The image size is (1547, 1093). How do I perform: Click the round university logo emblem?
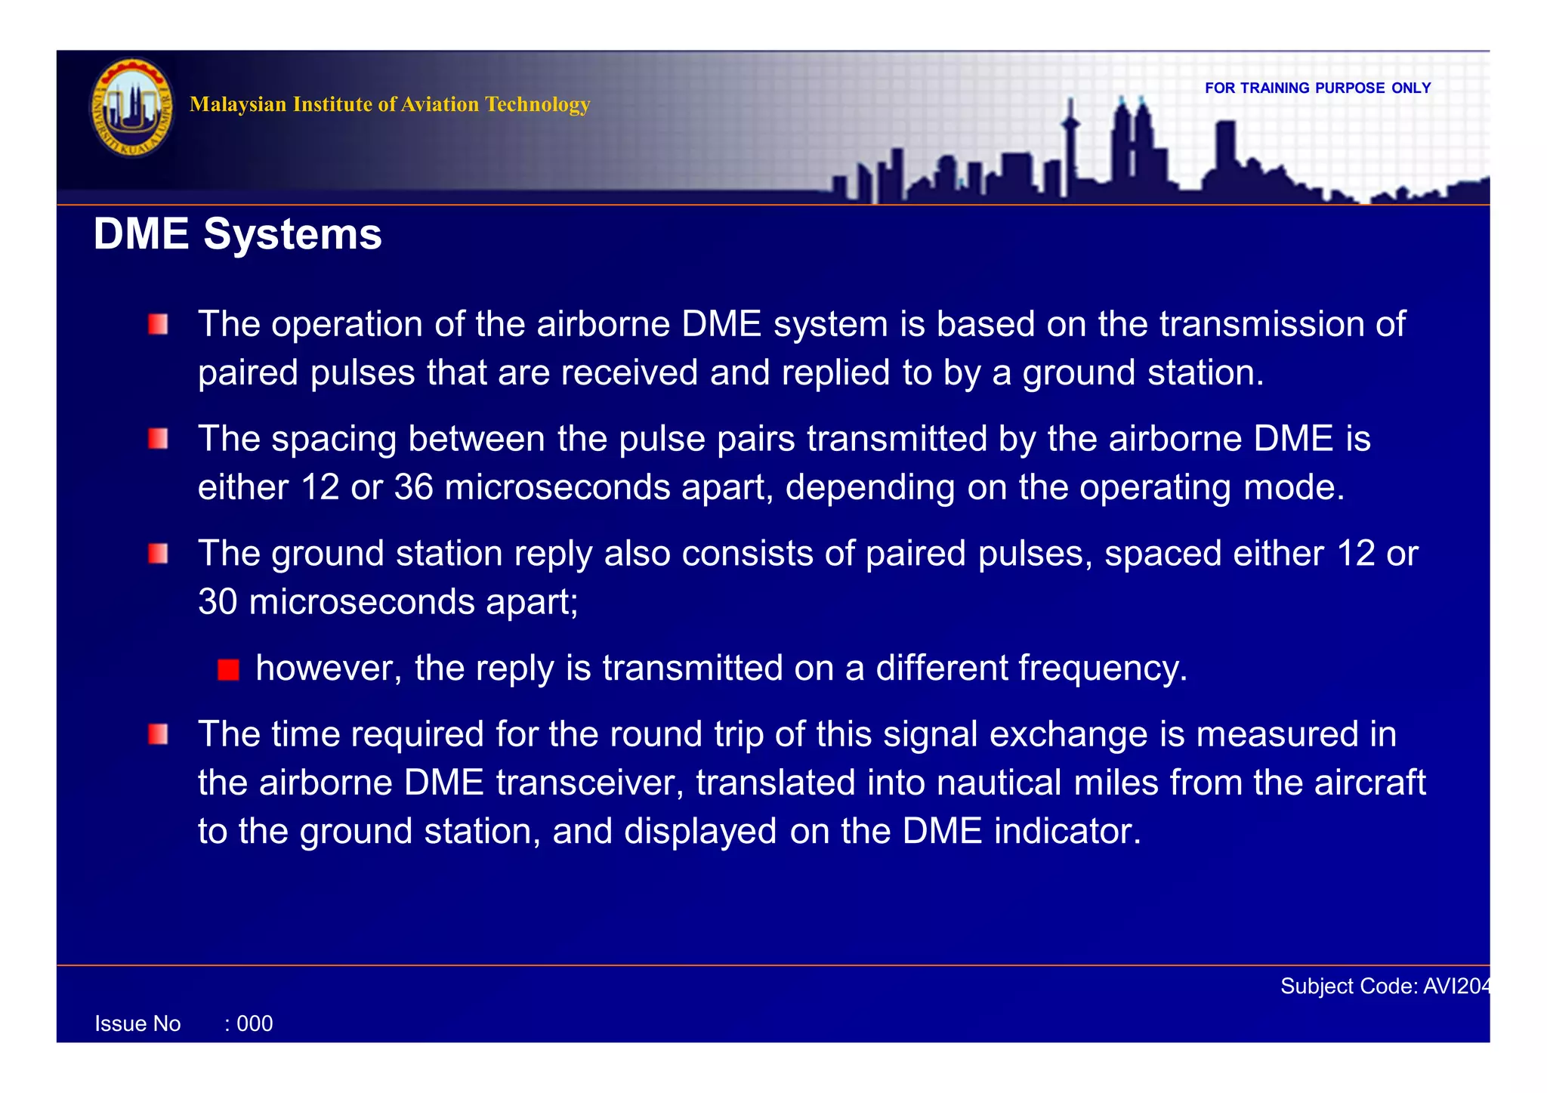[x=131, y=107]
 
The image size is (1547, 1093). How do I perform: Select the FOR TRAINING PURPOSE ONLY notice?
[x=1317, y=88]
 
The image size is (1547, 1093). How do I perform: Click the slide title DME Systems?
[x=237, y=234]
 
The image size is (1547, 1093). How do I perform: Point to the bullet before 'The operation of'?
[x=158, y=325]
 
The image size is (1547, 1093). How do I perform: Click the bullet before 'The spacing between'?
[x=158, y=439]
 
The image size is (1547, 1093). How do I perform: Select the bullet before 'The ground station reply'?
[x=158, y=554]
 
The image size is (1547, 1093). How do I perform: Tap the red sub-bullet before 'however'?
[x=228, y=669]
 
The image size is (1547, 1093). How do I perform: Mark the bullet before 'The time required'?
[x=158, y=734]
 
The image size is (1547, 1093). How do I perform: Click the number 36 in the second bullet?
[x=413, y=487]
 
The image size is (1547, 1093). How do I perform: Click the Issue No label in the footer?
[x=137, y=1024]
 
